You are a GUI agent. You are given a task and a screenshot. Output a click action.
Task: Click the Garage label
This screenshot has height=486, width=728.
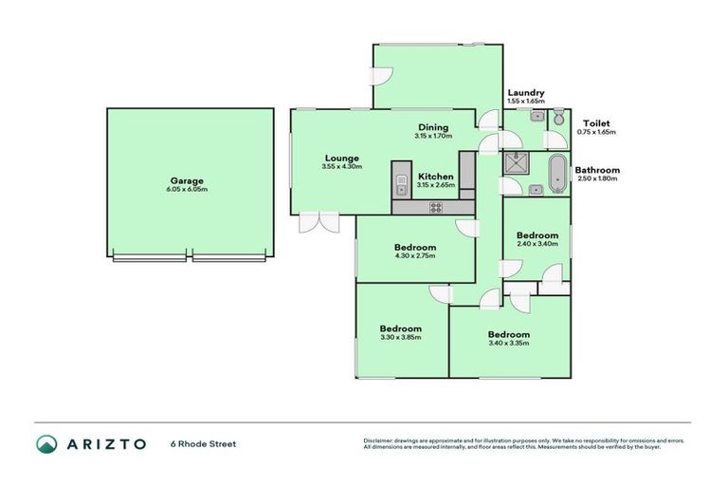point(187,180)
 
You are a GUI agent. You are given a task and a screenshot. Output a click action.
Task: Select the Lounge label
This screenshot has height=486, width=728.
point(339,159)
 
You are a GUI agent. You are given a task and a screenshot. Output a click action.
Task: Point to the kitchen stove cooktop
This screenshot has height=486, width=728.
point(436,207)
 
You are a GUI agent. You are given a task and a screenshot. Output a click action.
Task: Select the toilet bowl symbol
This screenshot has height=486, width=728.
point(559,118)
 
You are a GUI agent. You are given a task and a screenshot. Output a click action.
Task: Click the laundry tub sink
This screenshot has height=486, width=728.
point(537,117)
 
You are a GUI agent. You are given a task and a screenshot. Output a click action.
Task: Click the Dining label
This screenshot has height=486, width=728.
point(433,127)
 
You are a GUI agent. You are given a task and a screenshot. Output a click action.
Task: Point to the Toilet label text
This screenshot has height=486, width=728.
point(596,122)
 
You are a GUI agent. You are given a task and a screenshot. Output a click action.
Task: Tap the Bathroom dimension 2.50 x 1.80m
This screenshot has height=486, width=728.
point(596,178)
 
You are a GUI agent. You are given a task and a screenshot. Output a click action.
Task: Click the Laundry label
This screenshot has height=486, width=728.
point(525,92)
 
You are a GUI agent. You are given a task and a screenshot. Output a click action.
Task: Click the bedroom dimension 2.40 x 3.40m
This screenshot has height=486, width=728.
point(537,244)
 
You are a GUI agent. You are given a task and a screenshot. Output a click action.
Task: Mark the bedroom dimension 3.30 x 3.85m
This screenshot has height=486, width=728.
point(400,337)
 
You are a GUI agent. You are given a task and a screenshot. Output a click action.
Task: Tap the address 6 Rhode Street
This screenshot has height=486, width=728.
point(203,443)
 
